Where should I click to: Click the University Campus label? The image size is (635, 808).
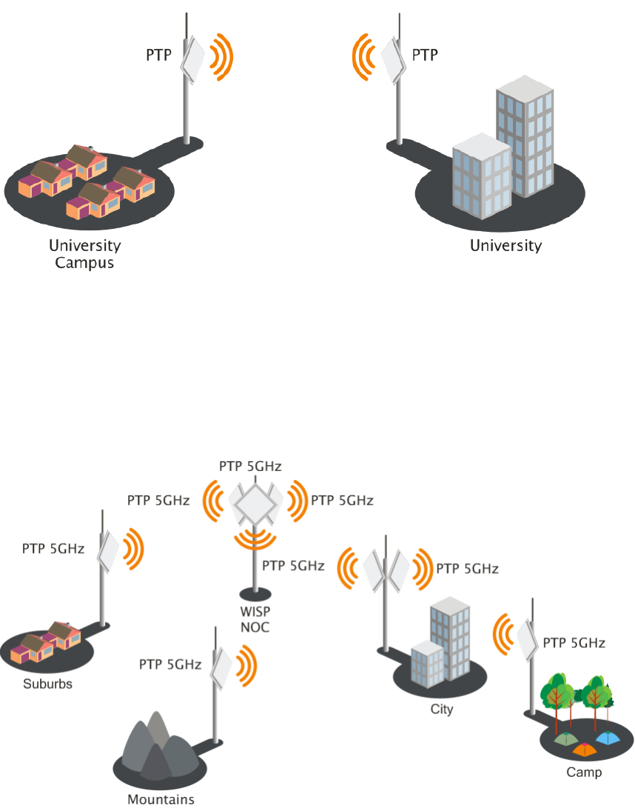pyautogui.click(x=84, y=253)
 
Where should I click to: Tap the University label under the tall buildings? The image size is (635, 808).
pyautogui.click(x=506, y=246)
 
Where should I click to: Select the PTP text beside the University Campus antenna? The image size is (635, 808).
pyautogui.click(x=159, y=55)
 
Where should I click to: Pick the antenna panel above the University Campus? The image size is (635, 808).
pyautogui.click(x=193, y=59)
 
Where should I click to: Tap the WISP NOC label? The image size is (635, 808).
pyautogui.click(x=255, y=621)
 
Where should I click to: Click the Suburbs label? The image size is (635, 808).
pyautogui.click(x=47, y=684)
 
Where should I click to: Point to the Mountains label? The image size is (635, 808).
pyautogui.click(x=161, y=799)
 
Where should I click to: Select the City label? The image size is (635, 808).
pyautogui.click(x=441, y=709)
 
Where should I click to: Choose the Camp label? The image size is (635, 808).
pyautogui.click(x=584, y=772)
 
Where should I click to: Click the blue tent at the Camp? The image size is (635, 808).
pyautogui.click(x=607, y=738)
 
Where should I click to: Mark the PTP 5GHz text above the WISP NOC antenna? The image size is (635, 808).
pyautogui.click(x=250, y=466)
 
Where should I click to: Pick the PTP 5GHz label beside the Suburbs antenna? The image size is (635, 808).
pyautogui.click(x=53, y=549)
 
